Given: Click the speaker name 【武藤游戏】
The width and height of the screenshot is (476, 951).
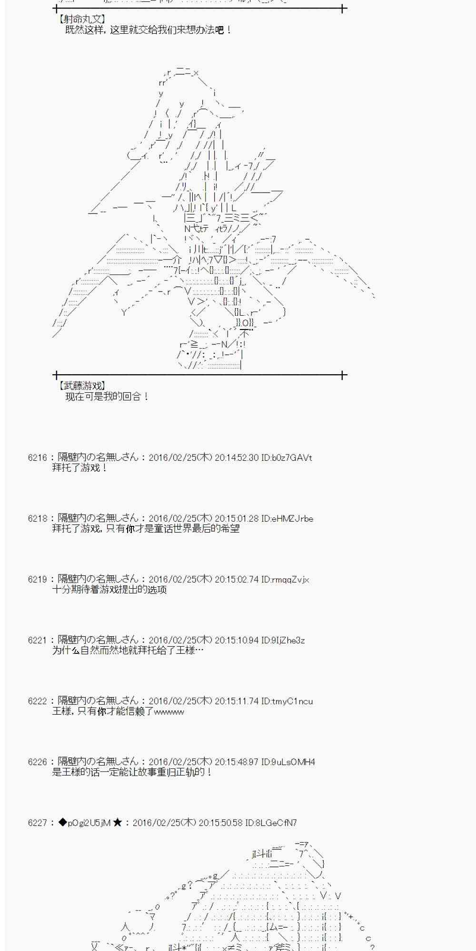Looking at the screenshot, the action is tap(82, 386).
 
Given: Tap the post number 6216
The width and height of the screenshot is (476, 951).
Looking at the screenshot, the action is tap(37, 458).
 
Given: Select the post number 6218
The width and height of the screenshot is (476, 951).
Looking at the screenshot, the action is tap(37, 519).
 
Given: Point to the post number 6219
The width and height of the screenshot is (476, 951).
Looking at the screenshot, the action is tap(37, 580).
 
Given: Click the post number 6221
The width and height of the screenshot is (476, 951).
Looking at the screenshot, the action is tap(37, 640).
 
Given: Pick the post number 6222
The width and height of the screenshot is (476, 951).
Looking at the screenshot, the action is tap(37, 701).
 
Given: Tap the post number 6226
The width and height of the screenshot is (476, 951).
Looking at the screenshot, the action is tap(37, 762).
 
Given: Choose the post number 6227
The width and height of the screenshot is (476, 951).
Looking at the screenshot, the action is tap(37, 823).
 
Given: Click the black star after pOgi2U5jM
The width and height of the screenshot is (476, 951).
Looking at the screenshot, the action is tap(118, 823).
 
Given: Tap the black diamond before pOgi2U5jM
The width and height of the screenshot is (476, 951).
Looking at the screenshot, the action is tap(62, 823).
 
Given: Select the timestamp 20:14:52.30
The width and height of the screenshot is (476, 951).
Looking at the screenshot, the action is tap(237, 458).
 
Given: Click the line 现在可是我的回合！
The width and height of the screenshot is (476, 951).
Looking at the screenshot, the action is tap(108, 397).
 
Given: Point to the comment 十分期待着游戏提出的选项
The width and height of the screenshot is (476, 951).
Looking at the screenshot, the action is tap(109, 590).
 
